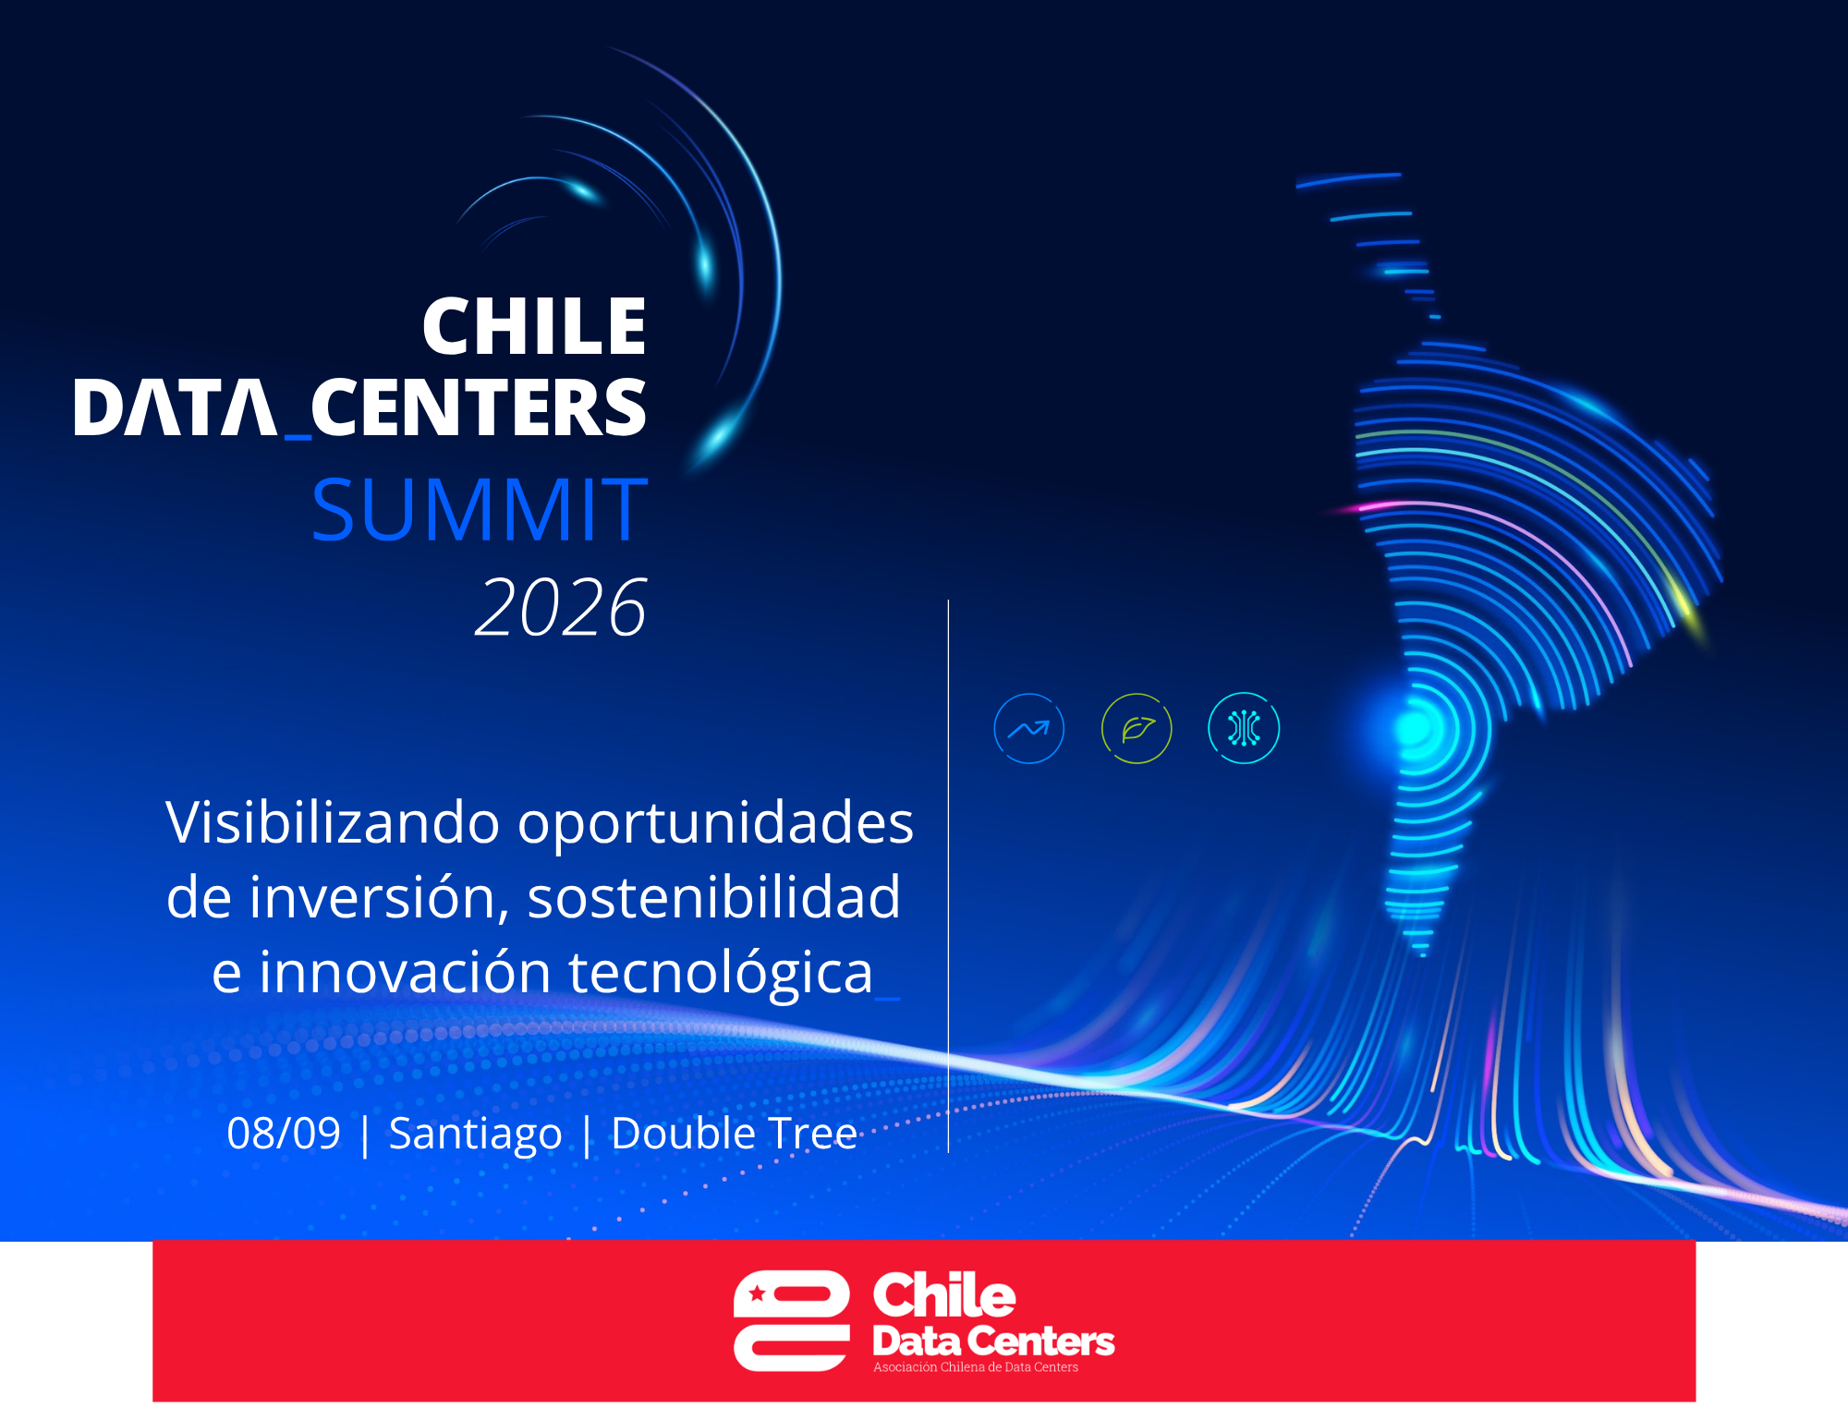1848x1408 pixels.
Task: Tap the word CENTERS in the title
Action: [x=479, y=407]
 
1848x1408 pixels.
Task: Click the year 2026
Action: [x=561, y=607]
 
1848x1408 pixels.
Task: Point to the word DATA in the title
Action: [x=175, y=407]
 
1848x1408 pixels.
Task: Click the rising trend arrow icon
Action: [x=1028, y=729]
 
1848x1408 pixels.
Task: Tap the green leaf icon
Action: [x=1137, y=729]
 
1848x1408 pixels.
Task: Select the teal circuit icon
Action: [x=1244, y=728]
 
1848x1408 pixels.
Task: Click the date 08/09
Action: [x=284, y=1134]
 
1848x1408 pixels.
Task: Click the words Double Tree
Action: [x=735, y=1134]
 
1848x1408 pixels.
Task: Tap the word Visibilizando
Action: [x=333, y=822]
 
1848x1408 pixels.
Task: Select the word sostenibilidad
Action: [x=713, y=898]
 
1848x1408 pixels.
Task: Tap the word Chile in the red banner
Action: [x=944, y=1295]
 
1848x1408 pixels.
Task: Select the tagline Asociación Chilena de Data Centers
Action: [x=976, y=1367]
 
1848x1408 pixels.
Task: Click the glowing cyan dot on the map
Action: [x=1415, y=728]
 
